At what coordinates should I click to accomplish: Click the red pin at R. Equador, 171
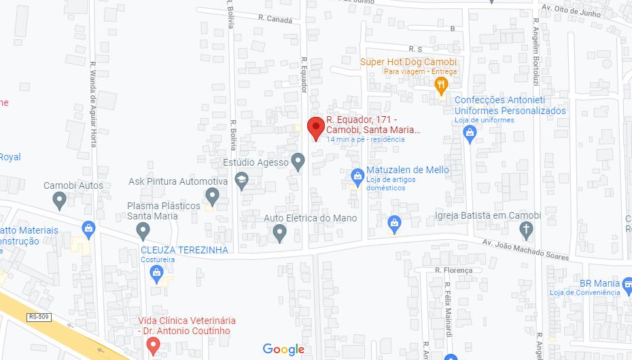pos(315,127)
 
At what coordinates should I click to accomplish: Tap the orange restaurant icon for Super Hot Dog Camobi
pos(440,85)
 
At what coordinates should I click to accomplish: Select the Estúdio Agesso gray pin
pos(298,161)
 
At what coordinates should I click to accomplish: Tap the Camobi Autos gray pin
pos(59,199)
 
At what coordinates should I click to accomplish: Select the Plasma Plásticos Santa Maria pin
pos(143,231)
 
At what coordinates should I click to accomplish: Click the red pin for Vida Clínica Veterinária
pos(154,346)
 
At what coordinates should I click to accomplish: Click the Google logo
pos(283,349)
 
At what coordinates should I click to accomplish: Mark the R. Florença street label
pos(453,270)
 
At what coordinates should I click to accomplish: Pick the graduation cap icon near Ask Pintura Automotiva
pos(241,179)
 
